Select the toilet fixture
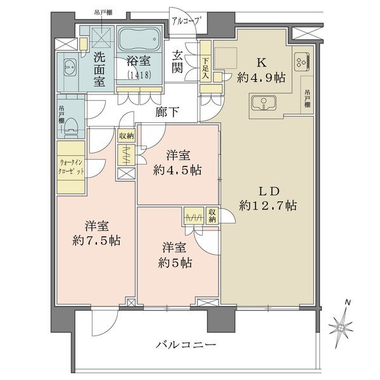coord(71,121)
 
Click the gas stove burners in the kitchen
coord(300,61)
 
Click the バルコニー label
coord(187,346)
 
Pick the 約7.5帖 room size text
coord(96,241)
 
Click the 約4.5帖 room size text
coord(176,170)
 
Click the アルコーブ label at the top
coord(187,21)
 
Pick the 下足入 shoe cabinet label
coord(205,66)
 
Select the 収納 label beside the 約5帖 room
coord(212,216)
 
